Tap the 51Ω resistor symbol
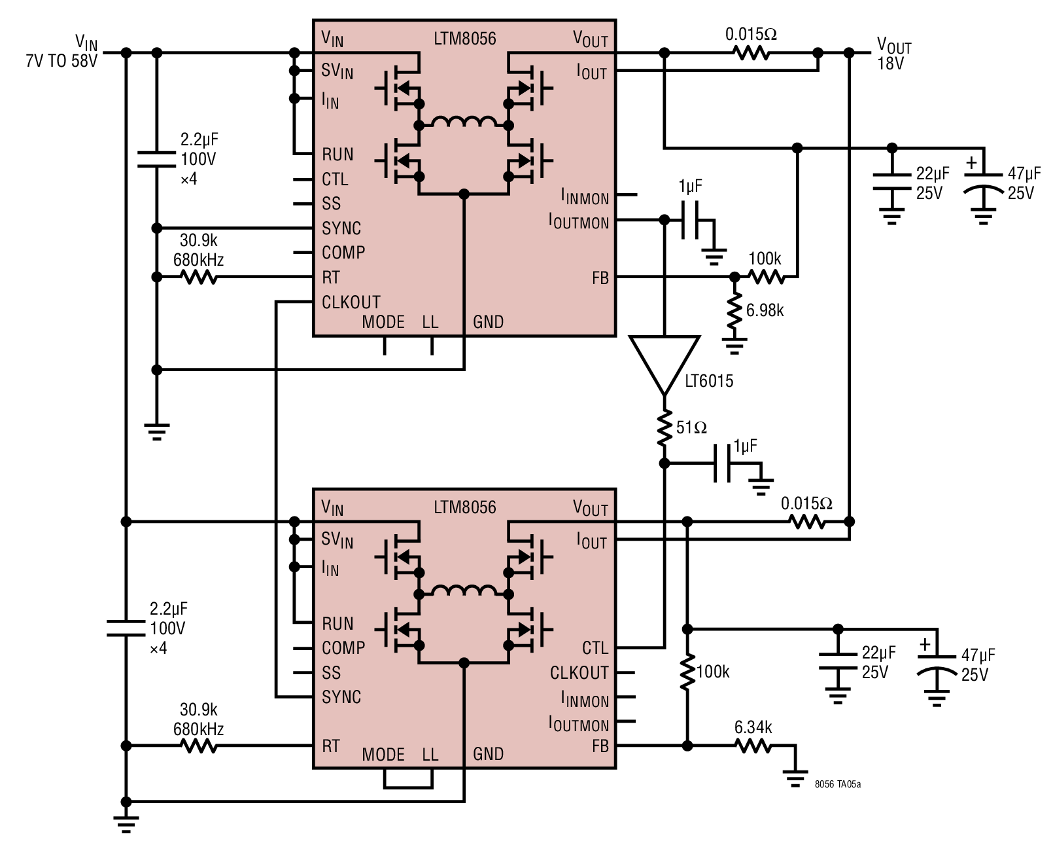tap(664, 428)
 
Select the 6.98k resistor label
tap(765, 310)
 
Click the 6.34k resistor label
tap(753, 727)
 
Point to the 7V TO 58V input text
tap(61, 62)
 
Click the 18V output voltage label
tap(891, 63)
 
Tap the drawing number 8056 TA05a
tap(838, 784)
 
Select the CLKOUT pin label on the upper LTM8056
tap(351, 302)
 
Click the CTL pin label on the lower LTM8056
tap(595, 647)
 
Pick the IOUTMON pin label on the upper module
tap(578, 221)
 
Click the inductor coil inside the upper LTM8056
tap(464, 122)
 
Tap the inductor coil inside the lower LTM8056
tap(464, 590)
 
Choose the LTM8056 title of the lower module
tap(465, 507)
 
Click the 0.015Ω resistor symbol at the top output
tap(751, 52)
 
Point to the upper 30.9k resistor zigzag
tap(199, 278)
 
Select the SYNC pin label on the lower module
tap(341, 696)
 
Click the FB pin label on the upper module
tap(600, 278)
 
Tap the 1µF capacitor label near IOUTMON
tap(690, 186)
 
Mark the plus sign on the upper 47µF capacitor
tap(971, 162)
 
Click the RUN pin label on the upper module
tap(337, 154)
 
